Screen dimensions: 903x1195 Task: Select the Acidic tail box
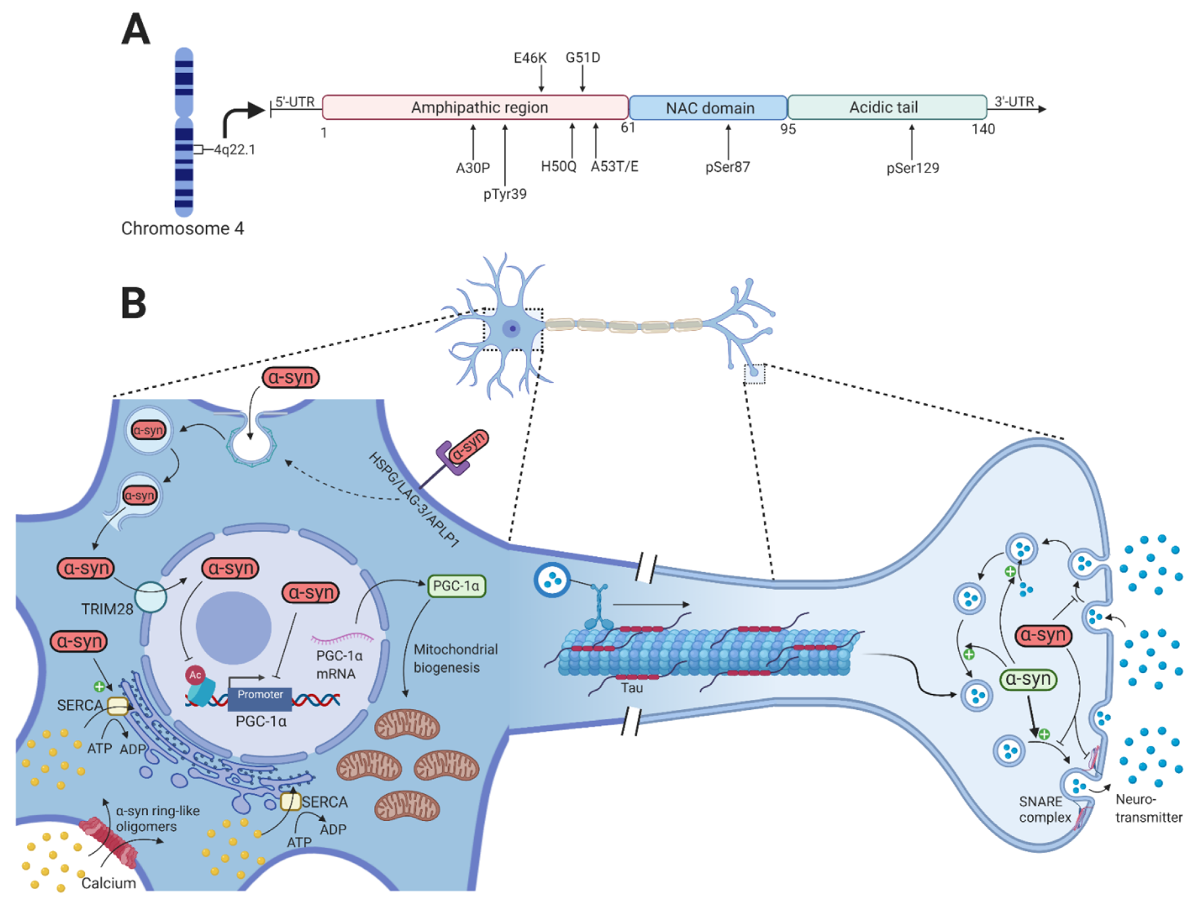tap(886, 107)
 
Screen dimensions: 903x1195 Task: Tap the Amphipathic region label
tap(479, 107)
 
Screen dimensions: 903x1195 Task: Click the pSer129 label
tap(912, 168)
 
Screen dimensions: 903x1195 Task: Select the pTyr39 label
tap(505, 194)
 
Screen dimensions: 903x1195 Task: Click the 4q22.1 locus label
tap(234, 150)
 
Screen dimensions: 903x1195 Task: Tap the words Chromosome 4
tap(182, 229)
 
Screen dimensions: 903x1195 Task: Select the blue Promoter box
tap(260, 698)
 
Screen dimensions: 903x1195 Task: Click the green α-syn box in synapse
tap(1028, 679)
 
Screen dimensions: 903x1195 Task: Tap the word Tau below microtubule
tap(631, 688)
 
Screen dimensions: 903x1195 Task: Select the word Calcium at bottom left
tap(109, 882)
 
